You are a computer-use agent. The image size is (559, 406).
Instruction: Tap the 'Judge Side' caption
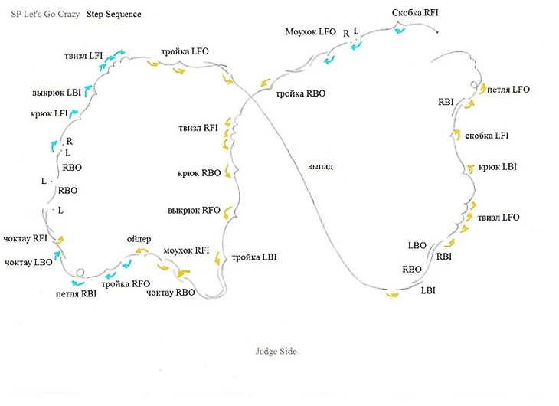click(x=276, y=351)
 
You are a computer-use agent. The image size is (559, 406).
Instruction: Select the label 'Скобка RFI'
click(x=415, y=13)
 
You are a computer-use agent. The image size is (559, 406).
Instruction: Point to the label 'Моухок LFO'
click(x=310, y=31)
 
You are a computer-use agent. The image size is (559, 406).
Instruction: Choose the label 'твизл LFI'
click(x=83, y=55)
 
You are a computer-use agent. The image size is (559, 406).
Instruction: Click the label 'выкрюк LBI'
click(x=57, y=93)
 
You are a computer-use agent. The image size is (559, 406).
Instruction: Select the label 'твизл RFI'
click(x=198, y=127)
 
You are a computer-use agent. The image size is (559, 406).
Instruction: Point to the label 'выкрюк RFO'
click(x=194, y=210)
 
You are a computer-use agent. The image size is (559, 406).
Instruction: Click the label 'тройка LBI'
click(x=253, y=257)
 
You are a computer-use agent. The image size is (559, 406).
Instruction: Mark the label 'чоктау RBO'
click(x=171, y=293)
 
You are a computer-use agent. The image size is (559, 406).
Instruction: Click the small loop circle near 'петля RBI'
click(x=80, y=271)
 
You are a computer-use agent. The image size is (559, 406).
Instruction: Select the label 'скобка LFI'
click(x=487, y=136)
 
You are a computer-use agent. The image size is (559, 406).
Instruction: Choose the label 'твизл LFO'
click(x=498, y=218)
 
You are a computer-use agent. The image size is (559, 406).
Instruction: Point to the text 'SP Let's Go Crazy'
click(x=45, y=15)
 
